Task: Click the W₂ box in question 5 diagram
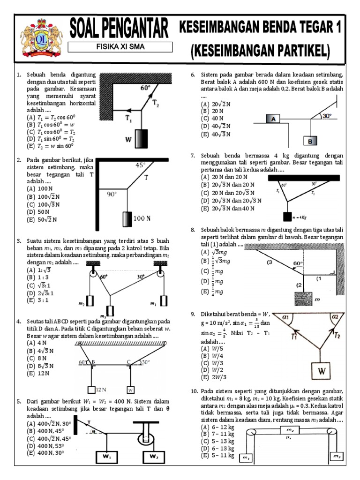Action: (x=153, y=456)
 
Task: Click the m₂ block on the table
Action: (x=290, y=430)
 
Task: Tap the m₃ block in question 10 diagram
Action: (x=336, y=456)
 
